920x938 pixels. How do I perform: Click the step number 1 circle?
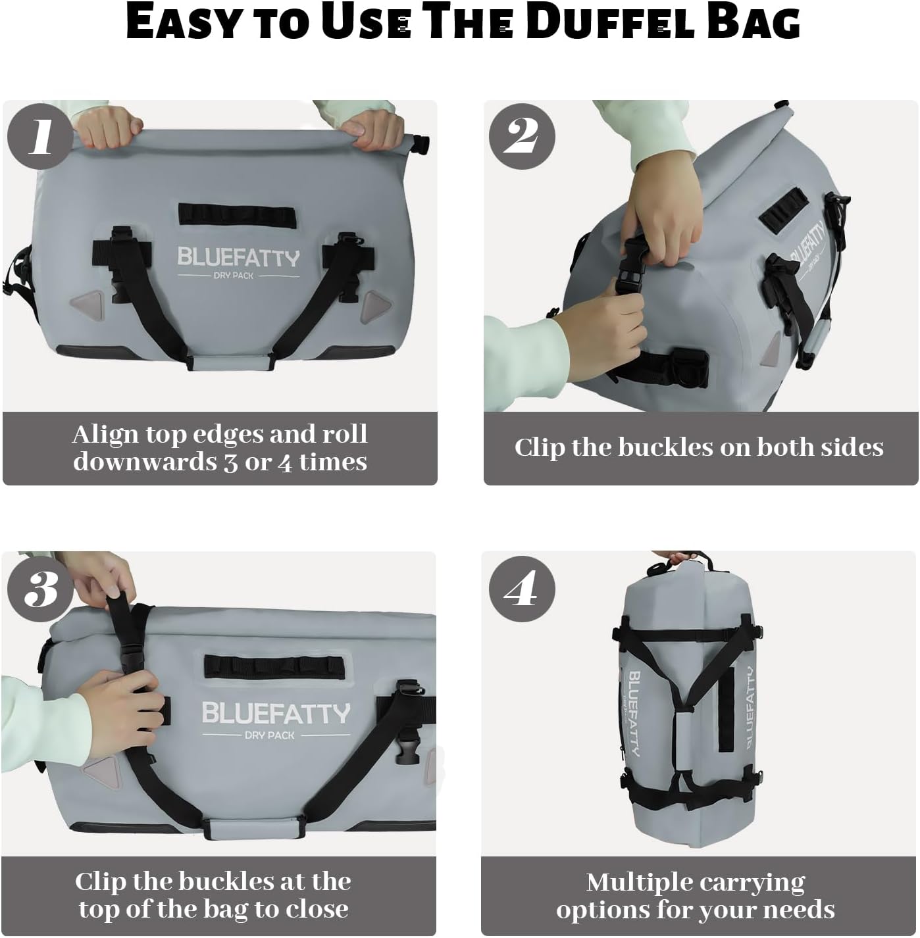click(40, 137)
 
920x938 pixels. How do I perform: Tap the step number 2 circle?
click(522, 137)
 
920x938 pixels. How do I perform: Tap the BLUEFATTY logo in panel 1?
click(238, 257)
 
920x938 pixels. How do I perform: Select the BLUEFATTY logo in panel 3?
click(276, 713)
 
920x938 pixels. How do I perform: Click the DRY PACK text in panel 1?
click(233, 276)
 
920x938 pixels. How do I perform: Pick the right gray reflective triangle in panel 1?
click(377, 304)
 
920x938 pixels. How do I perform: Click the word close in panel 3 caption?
click(316, 910)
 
